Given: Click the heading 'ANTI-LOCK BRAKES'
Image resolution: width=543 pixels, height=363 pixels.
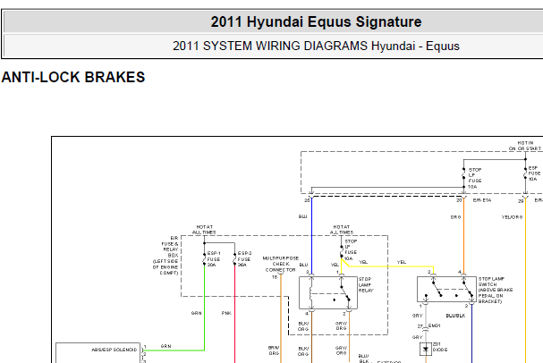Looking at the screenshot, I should [73, 78].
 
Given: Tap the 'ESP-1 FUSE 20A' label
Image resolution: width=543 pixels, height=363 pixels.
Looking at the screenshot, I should [213, 259].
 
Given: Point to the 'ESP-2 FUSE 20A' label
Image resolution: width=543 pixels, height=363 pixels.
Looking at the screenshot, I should [242, 259].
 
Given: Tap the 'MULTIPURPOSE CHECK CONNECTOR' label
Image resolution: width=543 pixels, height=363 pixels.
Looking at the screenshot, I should [279, 266].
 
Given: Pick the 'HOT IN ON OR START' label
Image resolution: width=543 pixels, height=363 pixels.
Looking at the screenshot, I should [526, 146].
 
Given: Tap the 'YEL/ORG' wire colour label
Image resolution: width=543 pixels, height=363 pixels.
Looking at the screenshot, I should [511, 217].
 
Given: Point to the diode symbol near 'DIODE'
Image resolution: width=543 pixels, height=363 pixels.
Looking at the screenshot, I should [425, 347].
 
